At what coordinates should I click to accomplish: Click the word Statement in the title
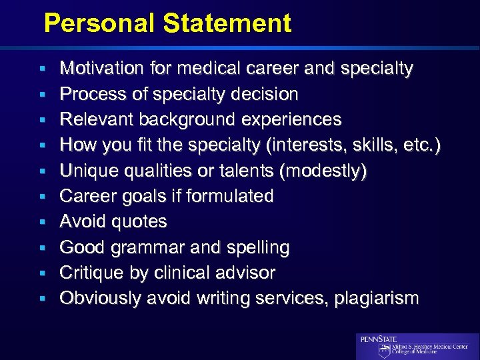click(227, 24)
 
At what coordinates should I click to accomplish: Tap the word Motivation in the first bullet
click(100, 69)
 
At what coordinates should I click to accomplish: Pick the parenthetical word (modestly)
click(324, 171)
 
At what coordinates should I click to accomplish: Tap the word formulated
click(231, 196)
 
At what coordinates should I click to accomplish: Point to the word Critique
click(87, 273)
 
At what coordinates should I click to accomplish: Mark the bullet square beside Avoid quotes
click(42, 222)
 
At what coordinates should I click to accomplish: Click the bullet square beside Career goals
click(42, 197)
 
